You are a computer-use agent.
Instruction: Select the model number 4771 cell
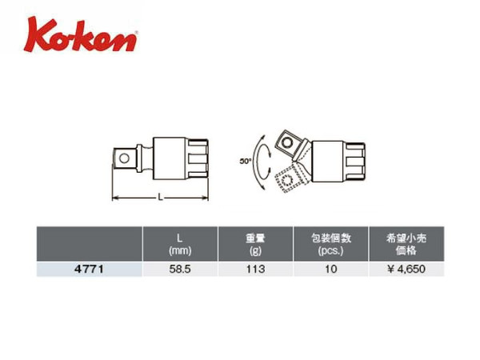point(89,270)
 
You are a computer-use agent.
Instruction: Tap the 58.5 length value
point(179,270)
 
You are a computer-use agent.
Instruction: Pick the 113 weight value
point(256,270)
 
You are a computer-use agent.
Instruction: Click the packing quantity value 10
point(330,270)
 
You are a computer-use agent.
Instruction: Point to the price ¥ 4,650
point(405,270)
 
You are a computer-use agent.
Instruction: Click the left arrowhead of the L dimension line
point(115,198)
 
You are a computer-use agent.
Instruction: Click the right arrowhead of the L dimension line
point(210,198)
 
